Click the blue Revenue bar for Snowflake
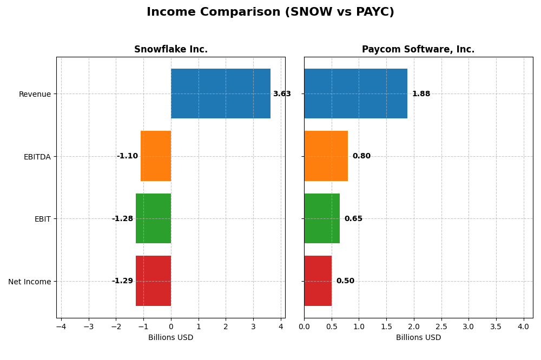click(221, 94)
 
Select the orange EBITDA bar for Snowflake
click(156, 156)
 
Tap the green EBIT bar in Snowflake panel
click(153, 218)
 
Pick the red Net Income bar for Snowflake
click(153, 281)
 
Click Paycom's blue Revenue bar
click(355, 94)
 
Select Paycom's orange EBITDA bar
click(326, 156)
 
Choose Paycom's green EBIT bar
click(322, 218)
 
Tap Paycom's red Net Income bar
click(318, 281)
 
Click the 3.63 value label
click(282, 94)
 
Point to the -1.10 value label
click(127, 156)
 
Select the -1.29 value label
click(122, 281)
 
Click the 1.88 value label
click(421, 94)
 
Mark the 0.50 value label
click(345, 281)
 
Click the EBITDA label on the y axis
click(37, 157)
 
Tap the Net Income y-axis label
click(29, 282)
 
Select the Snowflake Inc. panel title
click(171, 50)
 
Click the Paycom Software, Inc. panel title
click(418, 50)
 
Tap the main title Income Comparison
click(270, 12)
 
